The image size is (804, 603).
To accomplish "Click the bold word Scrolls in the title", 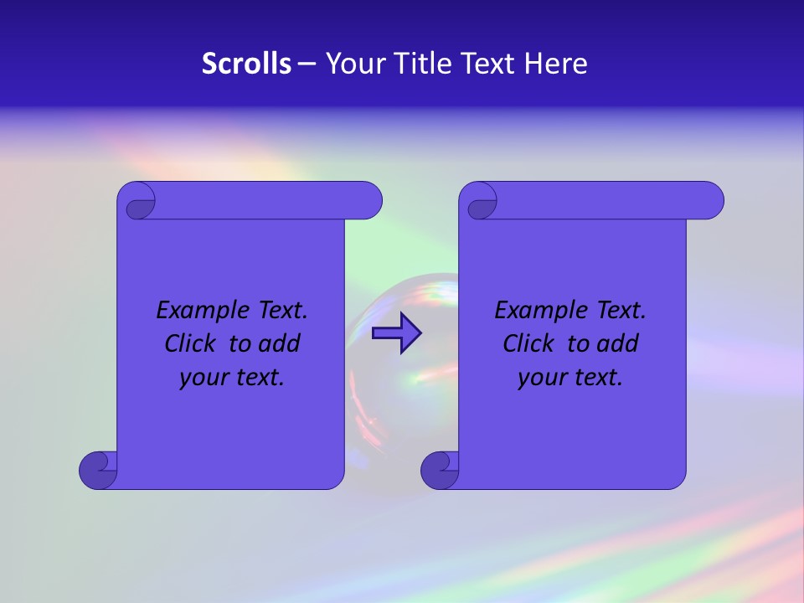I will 246,64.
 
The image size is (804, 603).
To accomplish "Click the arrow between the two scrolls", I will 397,332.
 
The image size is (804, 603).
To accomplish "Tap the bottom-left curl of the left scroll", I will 97,469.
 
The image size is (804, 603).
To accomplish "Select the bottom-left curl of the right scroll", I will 439,469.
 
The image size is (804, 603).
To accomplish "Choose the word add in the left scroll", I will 279,344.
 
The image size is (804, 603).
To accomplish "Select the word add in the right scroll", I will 617,344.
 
